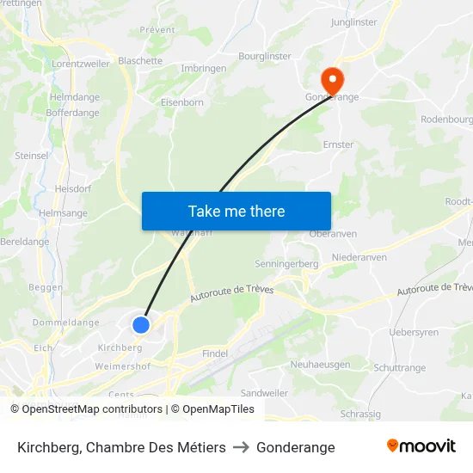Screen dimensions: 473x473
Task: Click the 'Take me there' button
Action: coord(236,211)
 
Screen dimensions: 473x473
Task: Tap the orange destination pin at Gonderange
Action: coord(330,80)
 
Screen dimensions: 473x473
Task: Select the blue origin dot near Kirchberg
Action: coord(141,324)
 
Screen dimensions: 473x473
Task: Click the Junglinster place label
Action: coord(354,23)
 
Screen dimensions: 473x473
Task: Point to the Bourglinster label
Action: coord(265,56)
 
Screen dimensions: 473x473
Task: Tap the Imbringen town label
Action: coord(204,68)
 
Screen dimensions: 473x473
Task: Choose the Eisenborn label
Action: coord(182,101)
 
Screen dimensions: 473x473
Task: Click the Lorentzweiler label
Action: coord(81,64)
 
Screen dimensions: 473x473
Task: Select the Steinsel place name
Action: coord(32,156)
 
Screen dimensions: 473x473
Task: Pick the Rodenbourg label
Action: coord(446,119)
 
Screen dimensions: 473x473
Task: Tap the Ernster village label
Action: coord(338,144)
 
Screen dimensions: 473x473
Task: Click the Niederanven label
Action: coord(359,257)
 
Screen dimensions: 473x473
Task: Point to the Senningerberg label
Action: coord(287,263)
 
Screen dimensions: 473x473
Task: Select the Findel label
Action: coord(215,353)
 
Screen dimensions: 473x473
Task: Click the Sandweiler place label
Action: coord(265,392)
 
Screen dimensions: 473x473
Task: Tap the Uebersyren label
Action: coord(414,332)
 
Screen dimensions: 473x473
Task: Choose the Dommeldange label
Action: coord(66,322)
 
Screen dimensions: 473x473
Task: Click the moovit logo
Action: coord(421,446)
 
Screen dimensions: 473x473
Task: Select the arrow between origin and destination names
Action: coord(241,447)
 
